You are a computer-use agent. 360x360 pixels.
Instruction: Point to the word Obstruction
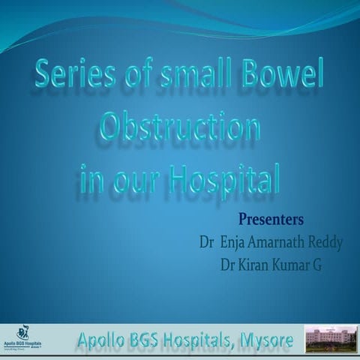pyautogui.click(x=180, y=129)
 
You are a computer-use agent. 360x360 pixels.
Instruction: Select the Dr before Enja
pyautogui.click(x=201, y=243)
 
